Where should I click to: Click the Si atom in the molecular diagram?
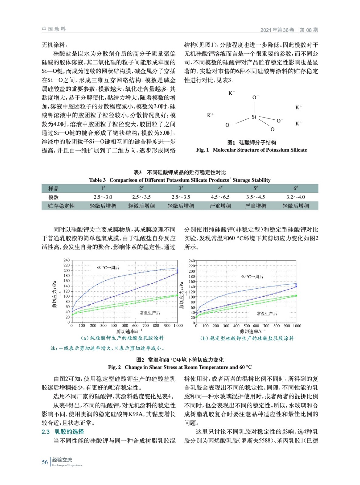[x=254, y=117]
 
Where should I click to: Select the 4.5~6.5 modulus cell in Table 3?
[x=220, y=197]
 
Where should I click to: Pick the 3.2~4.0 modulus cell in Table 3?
[x=295, y=197]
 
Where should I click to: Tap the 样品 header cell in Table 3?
[x=53, y=189]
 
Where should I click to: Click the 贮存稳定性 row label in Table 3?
[x=61, y=206]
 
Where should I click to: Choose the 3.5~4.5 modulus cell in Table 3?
[x=255, y=197]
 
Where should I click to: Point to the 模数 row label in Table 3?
[x=53, y=197]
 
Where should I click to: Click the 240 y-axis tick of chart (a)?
[x=66, y=260]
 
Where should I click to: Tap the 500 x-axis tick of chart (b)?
[x=247, y=326]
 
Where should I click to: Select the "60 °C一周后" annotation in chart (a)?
[x=108, y=267]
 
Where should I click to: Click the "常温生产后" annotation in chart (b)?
[x=267, y=313]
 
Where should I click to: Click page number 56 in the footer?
[x=45, y=462]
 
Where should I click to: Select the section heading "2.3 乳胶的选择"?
[x=63, y=432]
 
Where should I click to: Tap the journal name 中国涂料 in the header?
[x=54, y=29]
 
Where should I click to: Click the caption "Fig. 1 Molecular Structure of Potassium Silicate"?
[x=251, y=150]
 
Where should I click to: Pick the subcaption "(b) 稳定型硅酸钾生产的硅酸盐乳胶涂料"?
[x=247, y=338]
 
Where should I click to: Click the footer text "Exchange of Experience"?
[x=67, y=465]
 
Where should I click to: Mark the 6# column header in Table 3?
[x=295, y=188]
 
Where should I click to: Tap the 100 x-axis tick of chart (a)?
[x=82, y=326]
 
